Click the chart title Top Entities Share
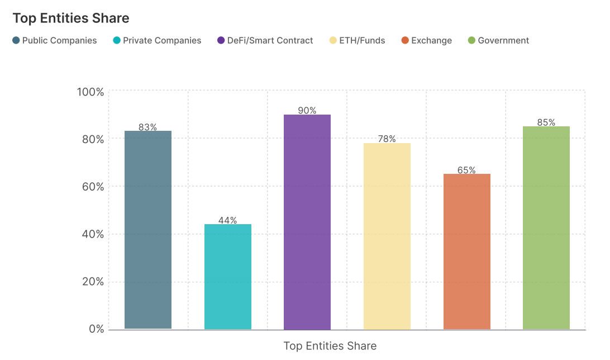[x=71, y=18]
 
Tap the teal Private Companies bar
[x=228, y=277]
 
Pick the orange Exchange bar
[x=467, y=252]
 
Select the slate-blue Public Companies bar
[x=148, y=230]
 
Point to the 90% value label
[x=307, y=111]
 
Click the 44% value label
[x=228, y=220]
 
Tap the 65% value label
[x=467, y=170]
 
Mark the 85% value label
[x=546, y=122]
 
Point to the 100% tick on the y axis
[x=90, y=92]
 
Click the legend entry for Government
[x=498, y=40]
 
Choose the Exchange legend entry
[x=427, y=40]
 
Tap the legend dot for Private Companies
[x=116, y=40]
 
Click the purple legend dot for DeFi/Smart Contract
[x=221, y=40]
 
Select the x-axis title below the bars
[x=330, y=346]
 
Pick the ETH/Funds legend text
[x=362, y=40]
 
